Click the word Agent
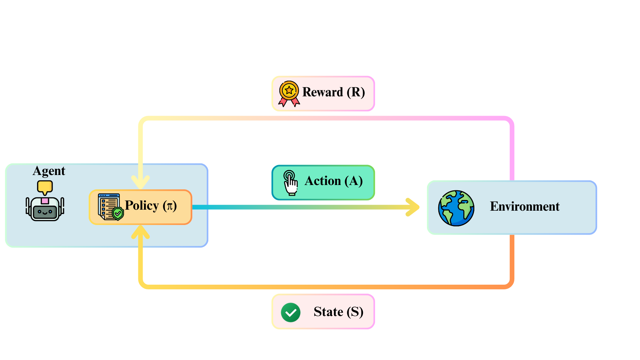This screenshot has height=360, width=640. [x=49, y=171]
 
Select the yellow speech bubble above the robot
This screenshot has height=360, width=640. [x=45, y=187]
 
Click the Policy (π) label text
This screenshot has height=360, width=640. [x=151, y=206]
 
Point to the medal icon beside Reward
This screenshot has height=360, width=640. [x=289, y=93]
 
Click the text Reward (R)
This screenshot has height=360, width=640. [x=333, y=92]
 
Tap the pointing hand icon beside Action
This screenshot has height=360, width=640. [x=290, y=182]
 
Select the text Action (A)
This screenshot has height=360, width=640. [x=333, y=181]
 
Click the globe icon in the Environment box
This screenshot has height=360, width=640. [x=456, y=208]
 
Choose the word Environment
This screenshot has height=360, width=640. [x=524, y=207]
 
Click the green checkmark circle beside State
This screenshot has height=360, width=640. [x=291, y=312]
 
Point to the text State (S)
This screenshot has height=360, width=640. [x=338, y=312]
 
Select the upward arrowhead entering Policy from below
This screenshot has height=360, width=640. [x=141, y=231]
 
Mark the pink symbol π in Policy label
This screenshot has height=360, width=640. [x=170, y=206]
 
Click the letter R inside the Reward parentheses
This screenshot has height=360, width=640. [x=356, y=92]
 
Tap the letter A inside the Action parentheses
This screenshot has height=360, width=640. [x=354, y=181]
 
